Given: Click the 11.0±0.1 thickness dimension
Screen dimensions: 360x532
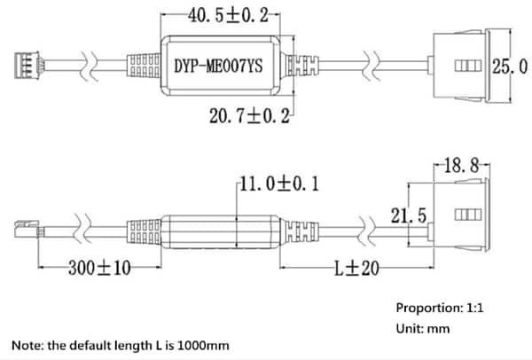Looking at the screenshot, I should pos(279,184).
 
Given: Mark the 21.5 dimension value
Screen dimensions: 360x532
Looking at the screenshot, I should pos(410,215).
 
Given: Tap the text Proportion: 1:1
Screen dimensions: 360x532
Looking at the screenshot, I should pos(441,309).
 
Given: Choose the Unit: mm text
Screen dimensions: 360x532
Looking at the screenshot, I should pos(423,329).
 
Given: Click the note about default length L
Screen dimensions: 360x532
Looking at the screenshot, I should pos(118,344).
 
